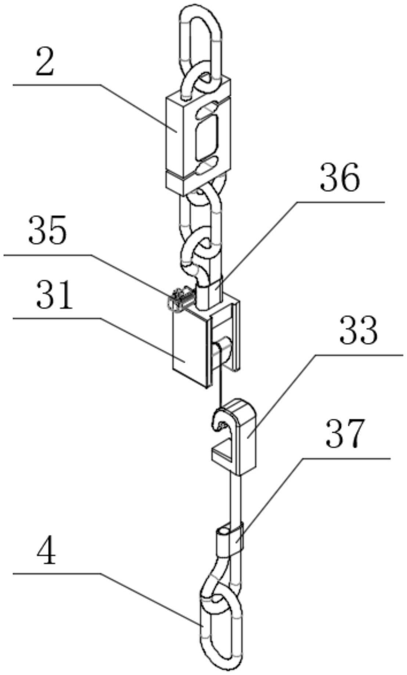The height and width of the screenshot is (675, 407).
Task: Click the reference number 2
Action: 45,63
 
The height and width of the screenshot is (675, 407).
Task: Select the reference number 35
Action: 48,230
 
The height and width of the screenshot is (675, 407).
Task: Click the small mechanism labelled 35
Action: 180,299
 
